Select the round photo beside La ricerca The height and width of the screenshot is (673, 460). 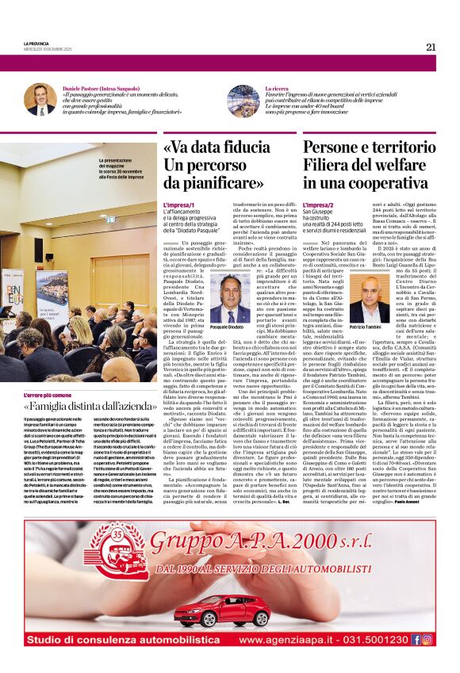click(241, 101)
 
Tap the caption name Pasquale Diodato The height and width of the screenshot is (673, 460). click(228, 327)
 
